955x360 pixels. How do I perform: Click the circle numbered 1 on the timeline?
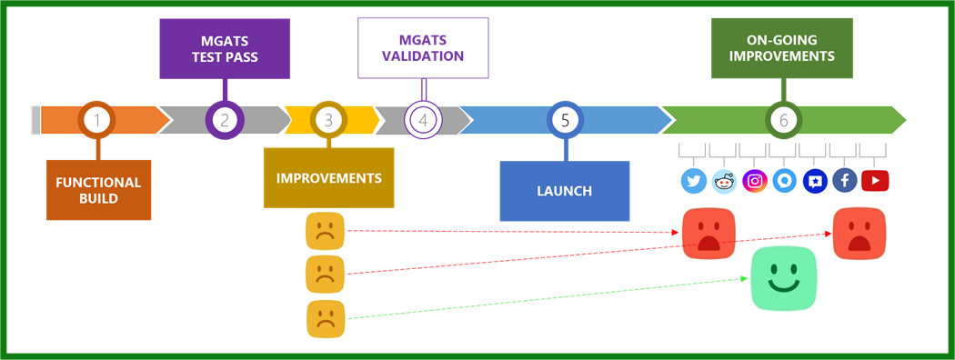98,119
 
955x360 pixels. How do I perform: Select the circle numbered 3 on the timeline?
328,119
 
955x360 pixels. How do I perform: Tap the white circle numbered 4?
423,119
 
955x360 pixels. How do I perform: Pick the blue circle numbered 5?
565,119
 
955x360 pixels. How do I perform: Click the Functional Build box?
98,190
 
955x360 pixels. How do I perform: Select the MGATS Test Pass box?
225,48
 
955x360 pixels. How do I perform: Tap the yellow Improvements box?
328,177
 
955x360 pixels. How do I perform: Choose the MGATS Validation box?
423,48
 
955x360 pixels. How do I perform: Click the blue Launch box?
564,191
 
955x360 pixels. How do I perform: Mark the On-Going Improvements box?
781,48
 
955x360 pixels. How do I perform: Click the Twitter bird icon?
694,181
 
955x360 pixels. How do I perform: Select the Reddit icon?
724,181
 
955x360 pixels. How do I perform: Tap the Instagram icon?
754,181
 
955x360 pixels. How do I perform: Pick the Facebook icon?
845,181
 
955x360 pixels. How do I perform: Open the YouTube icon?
875,181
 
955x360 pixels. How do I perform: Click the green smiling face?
783,278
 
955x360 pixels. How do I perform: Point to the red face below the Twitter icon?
709,233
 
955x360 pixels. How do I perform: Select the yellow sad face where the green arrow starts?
326,319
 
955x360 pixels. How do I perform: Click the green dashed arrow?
546,301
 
